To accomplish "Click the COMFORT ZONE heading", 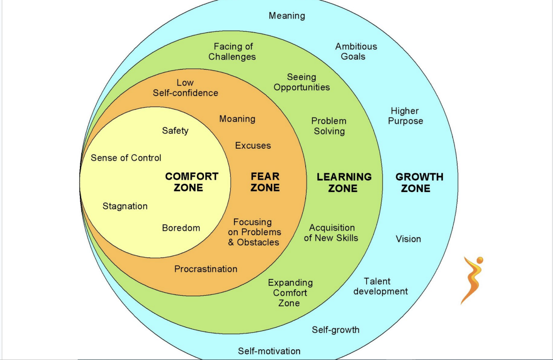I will click(192, 182).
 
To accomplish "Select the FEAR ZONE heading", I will click(265, 182).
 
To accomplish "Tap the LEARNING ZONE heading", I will click(344, 182).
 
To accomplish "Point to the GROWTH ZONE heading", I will click(419, 182).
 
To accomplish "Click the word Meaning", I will click(287, 16).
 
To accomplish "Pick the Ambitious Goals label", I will click(356, 51).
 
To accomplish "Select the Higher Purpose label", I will click(405, 116).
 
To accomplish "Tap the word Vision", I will click(408, 239).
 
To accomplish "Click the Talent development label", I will click(380, 286).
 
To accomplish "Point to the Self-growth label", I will click(336, 330).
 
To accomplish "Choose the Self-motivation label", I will click(269, 351).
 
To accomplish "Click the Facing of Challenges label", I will click(232, 51).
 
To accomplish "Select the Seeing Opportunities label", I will click(301, 82).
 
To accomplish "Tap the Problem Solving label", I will click(329, 126).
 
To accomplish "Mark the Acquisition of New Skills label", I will click(331, 233).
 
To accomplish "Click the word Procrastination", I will click(206, 269).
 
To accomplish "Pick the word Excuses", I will click(253, 146).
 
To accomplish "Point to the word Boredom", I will click(181, 228).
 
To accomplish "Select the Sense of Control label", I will click(126, 158).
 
